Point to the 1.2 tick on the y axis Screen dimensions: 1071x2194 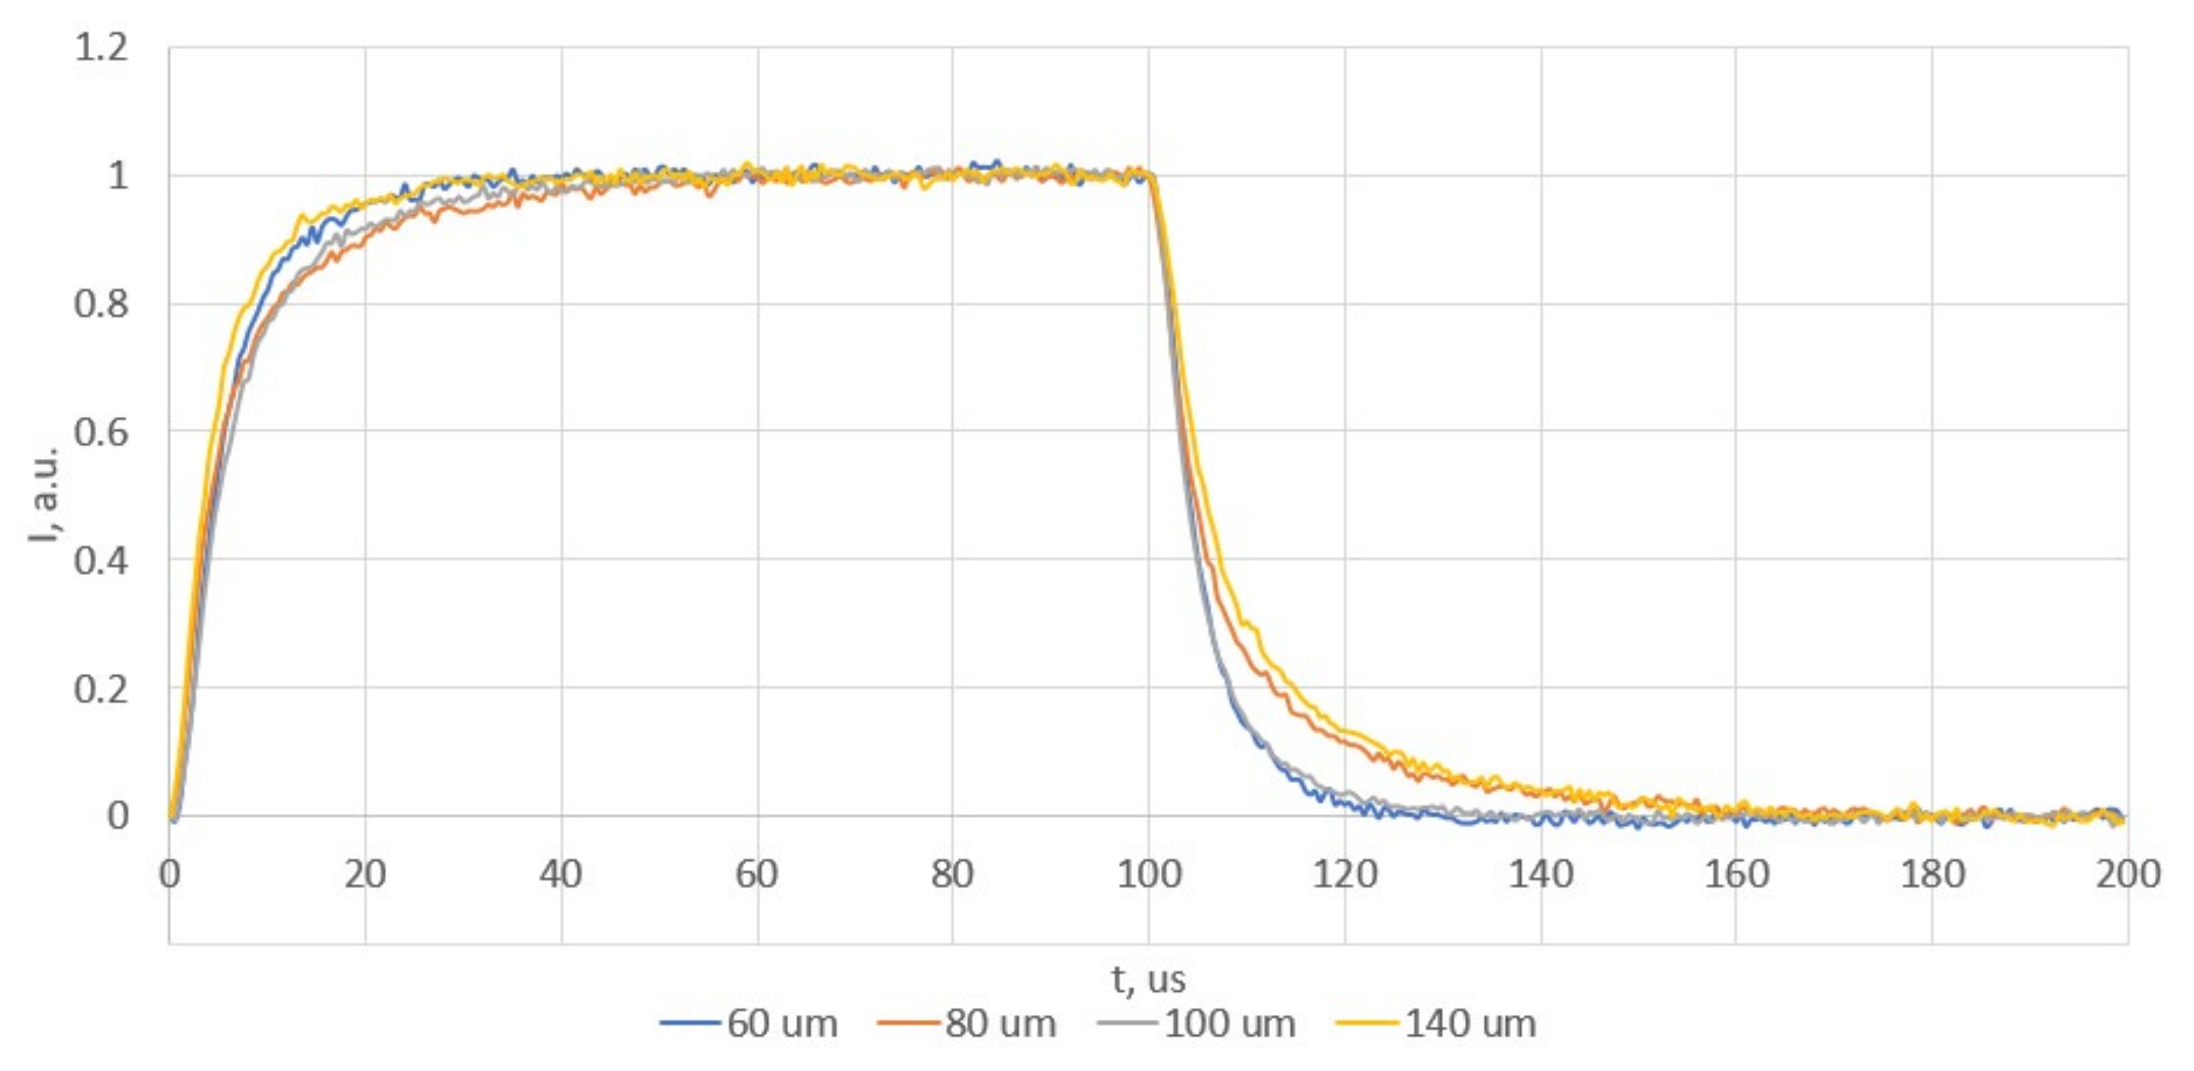(102, 48)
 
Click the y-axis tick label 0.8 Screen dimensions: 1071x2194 (102, 304)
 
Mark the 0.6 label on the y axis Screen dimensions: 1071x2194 (102, 431)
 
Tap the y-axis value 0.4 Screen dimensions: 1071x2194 (102, 560)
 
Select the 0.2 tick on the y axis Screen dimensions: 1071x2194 (102, 688)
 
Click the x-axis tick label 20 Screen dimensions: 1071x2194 (366, 874)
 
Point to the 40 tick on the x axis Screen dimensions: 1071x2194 (561, 874)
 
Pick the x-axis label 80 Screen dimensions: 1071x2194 (952, 874)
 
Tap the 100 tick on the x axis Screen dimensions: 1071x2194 (1149, 874)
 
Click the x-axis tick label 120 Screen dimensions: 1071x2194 (1345, 874)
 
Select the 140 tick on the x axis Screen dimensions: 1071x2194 (1541, 874)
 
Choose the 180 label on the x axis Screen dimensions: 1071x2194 (1932, 874)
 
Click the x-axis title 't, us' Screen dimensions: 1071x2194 (1148, 980)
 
